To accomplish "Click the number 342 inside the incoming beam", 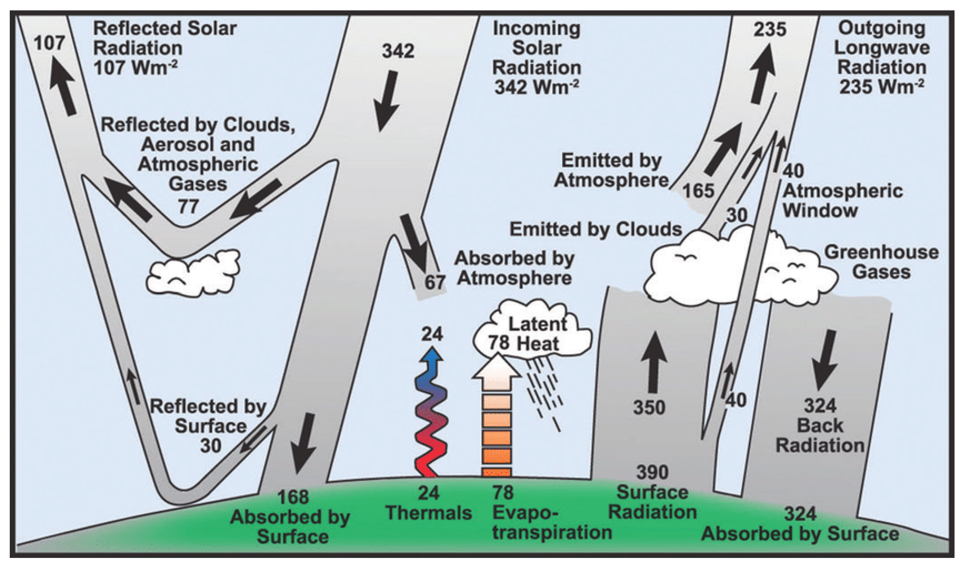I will [x=398, y=51].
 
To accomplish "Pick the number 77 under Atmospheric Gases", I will [x=188, y=207].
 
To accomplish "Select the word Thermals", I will [x=429, y=513].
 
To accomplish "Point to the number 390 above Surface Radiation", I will [x=652, y=473].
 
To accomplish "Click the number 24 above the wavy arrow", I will [x=432, y=335].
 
